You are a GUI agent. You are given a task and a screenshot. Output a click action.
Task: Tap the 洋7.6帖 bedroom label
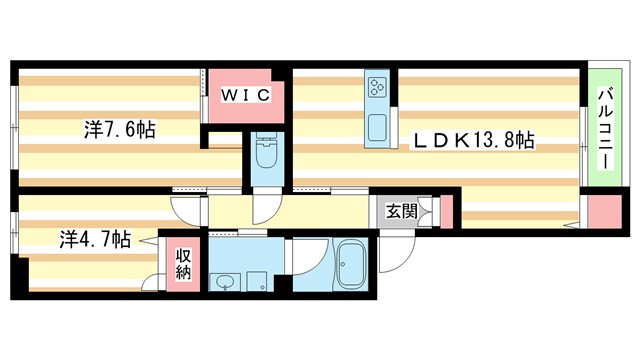(x=119, y=130)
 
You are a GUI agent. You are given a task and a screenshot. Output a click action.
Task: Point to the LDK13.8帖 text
(x=474, y=142)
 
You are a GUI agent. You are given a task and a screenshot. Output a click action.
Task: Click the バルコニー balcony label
(x=605, y=125)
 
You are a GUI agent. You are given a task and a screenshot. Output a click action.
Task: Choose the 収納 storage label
(x=183, y=264)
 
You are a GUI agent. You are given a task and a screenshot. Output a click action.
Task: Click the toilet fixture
(x=267, y=155)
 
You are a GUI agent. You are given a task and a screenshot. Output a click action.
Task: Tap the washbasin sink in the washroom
(x=223, y=283)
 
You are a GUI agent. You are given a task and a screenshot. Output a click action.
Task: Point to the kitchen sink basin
(x=378, y=128)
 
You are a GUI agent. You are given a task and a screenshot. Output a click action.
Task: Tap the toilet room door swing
(x=267, y=207)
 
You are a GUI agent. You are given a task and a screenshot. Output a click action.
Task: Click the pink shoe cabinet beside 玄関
(x=446, y=212)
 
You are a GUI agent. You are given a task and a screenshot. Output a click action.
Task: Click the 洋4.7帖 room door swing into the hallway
(x=187, y=208)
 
